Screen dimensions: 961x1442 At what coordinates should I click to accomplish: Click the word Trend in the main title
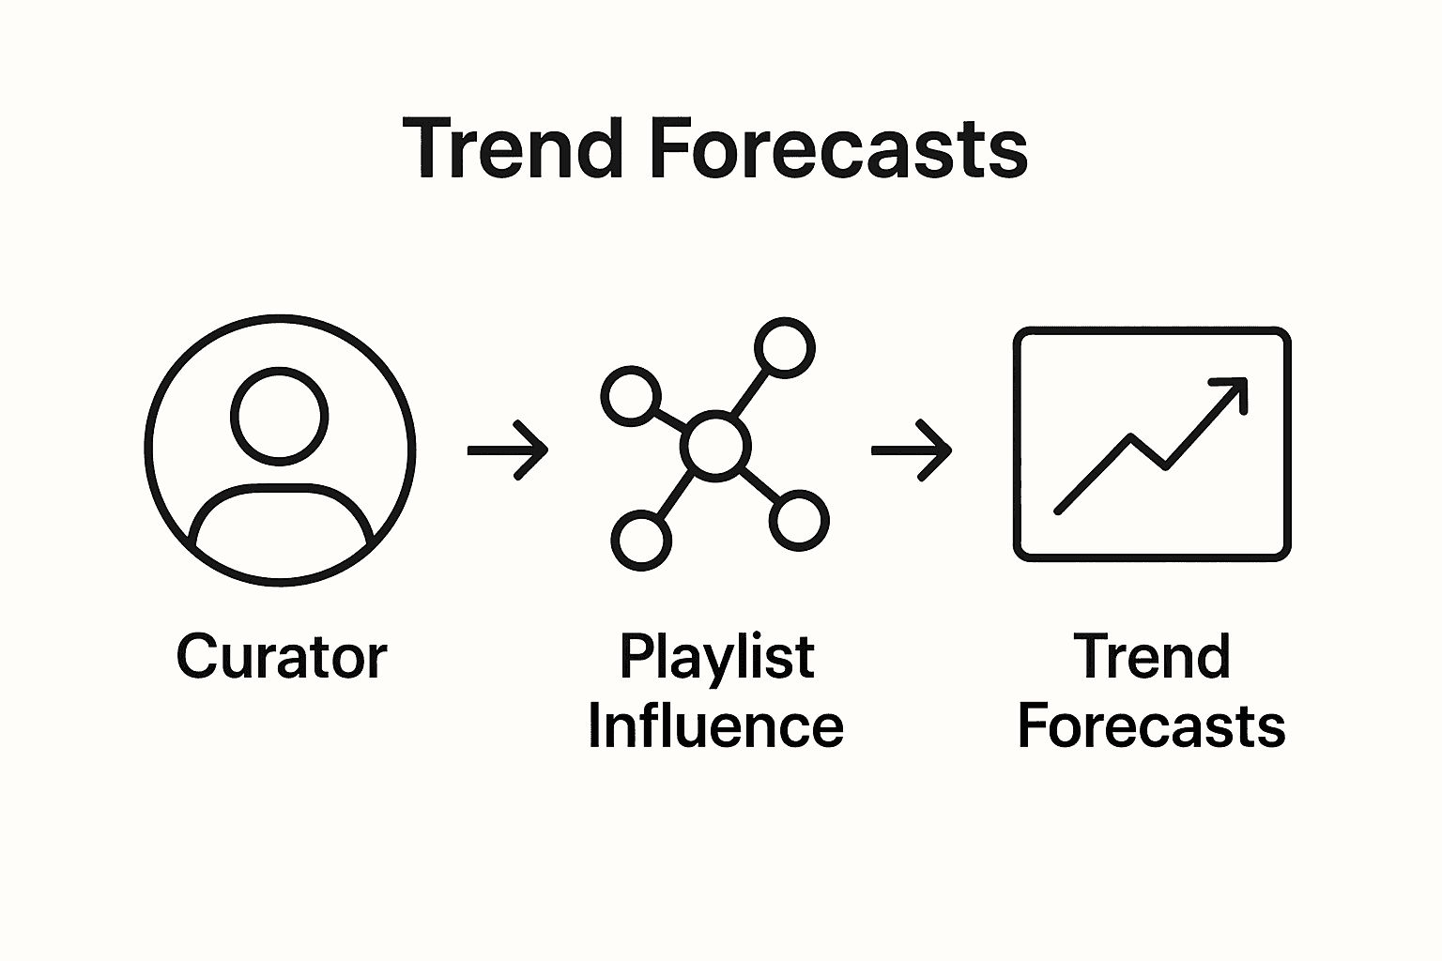tap(514, 148)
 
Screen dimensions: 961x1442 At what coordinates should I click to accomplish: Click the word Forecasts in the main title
tap(838, 148)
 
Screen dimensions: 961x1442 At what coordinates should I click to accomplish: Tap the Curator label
tap(281, 657)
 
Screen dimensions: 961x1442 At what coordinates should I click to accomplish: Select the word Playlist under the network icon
tap(715, 657)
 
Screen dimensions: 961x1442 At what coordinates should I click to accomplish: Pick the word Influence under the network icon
tap(715, 726)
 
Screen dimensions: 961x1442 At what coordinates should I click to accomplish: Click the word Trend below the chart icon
tap(1151, 657)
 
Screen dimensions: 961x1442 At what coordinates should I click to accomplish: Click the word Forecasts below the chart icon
tap(1151, 726)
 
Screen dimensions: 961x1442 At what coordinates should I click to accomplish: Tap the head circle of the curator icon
tap(280, 416)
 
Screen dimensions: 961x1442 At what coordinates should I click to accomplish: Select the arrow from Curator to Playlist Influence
tap(507, 450)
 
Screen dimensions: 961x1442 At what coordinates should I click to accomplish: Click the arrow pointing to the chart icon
tap(911, 450)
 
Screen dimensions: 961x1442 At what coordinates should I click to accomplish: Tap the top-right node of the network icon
tap(784, 347)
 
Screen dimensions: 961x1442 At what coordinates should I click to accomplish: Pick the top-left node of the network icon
tap(630, 395)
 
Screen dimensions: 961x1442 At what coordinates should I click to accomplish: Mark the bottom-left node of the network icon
tap(641, 541)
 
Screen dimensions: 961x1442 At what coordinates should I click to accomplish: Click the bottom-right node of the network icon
tap(799, 520)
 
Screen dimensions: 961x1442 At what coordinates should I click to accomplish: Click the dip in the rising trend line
tap(1164, 465)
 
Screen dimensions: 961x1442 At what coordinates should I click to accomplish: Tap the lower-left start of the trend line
tap(1059, 511)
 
